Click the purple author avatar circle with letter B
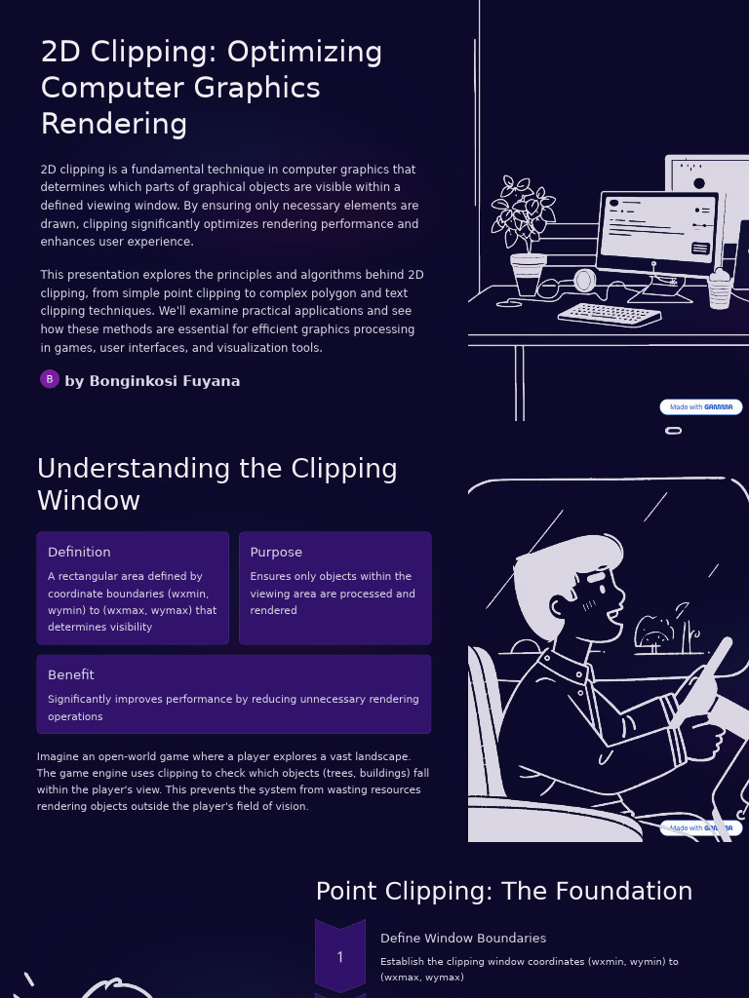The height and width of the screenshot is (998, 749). click(x=50, y=379)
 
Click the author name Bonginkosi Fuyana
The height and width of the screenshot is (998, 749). click(x=152, y=381)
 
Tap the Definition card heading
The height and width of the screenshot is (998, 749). click(x=79, y=552)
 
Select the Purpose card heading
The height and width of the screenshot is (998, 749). click(x=276, y=552)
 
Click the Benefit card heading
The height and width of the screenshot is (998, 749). click(x=71, y=674)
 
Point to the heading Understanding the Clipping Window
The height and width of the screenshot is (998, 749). click(x=217, y=484)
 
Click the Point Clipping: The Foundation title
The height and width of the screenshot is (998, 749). click(x=503, y=891)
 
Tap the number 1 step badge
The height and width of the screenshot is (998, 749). click(x=339, y=957)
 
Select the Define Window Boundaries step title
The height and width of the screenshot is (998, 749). click(x=462, y=938)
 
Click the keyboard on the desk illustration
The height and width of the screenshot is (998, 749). click(x=610, y=315)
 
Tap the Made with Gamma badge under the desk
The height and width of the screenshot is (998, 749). click(x=700, y=407)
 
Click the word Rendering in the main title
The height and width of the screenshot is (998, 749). click(x=114, y=124)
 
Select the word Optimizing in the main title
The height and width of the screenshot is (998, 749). click(x=313, y=52)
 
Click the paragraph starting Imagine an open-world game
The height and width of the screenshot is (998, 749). click(x=233, y=781)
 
